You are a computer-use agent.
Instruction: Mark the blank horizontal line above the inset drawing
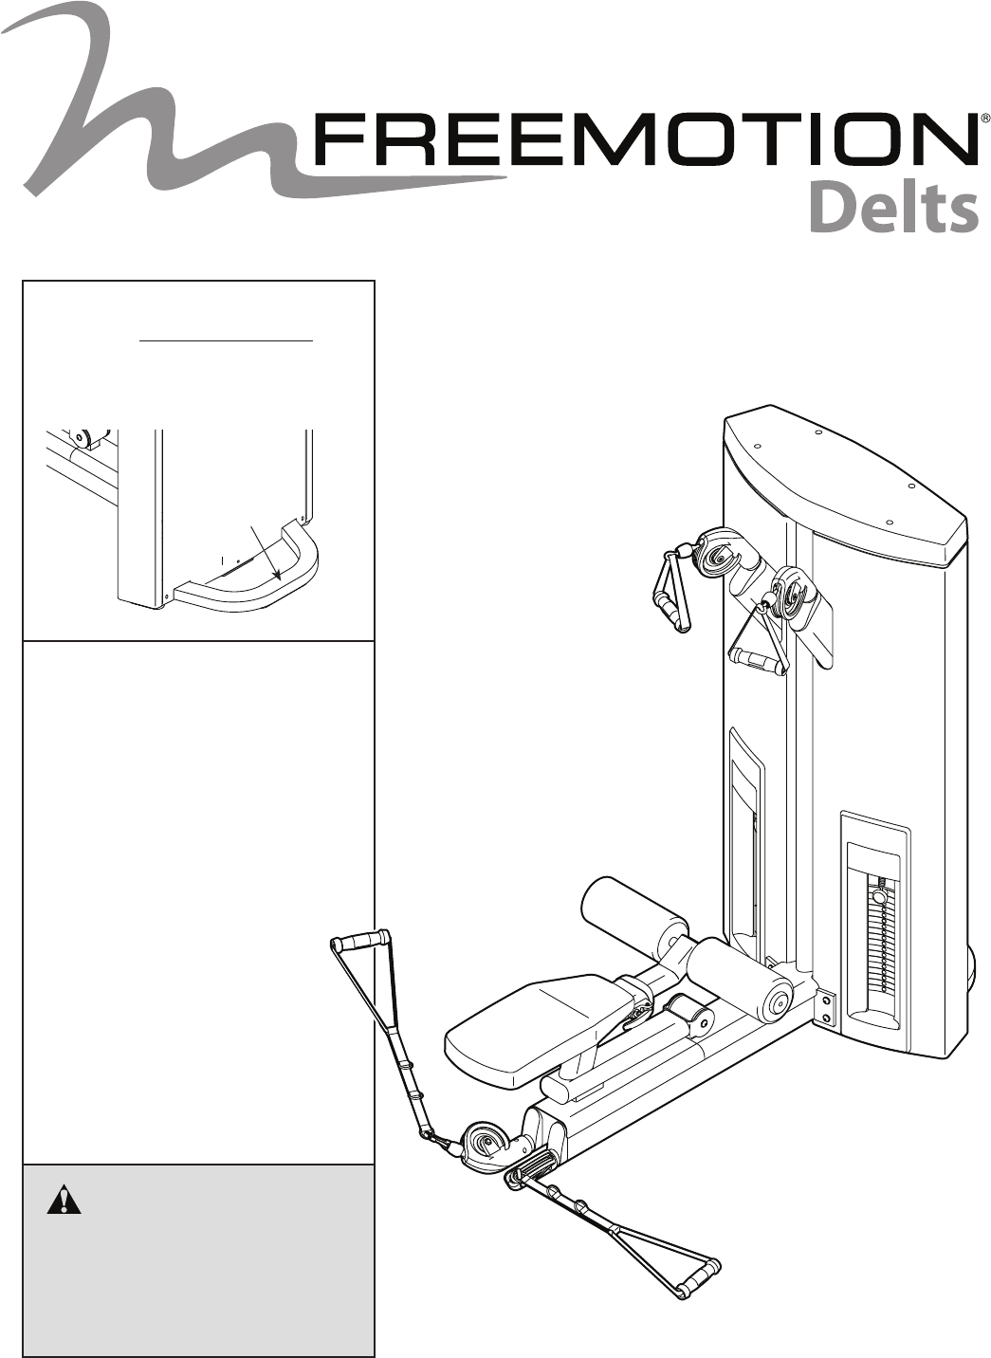coord(226,338)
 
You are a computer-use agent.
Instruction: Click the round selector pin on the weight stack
coord(879,895)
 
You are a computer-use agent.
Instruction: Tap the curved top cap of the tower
coord(844,484)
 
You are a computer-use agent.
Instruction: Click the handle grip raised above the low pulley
coord(360,941)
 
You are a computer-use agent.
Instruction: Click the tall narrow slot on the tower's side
coord(745,835)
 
